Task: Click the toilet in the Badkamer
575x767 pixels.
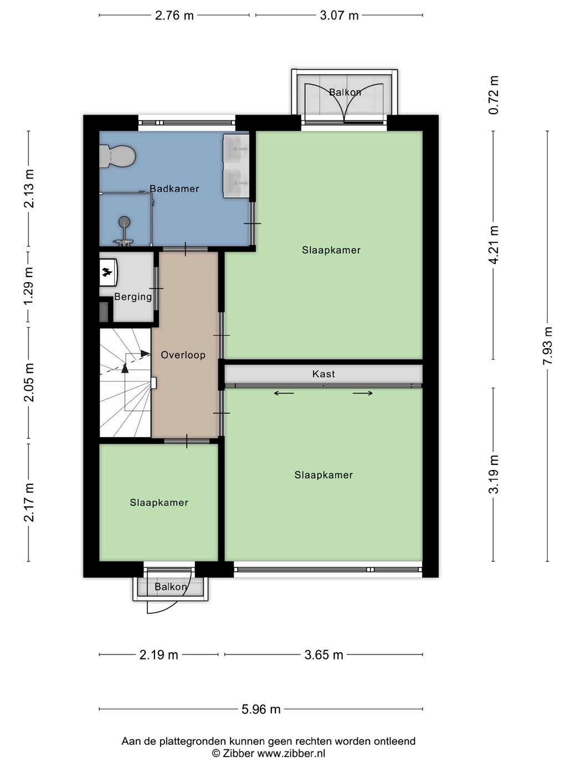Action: click(117, 156)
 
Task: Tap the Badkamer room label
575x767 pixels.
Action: click(174, 188)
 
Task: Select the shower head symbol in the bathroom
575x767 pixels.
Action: click(124, 222)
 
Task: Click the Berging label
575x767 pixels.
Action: click(133, 297)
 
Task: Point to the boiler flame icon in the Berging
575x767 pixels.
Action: click(106, 272)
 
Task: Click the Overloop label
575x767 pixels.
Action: click(183, 355)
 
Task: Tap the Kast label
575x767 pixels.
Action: click(324, 374)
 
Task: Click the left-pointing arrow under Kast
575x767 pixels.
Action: click(284, 393)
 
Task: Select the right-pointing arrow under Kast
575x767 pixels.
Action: click(363, 393)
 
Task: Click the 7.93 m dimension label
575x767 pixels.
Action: click(547, 346)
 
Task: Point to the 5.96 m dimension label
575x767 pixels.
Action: click(261, 709)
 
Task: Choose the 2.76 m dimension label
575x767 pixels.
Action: click(174, 16)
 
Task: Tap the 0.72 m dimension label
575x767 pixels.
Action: click(494, 95)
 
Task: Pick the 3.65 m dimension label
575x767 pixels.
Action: click(324, 655)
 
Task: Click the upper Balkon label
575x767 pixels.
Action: click(345, 92)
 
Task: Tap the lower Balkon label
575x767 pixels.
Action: click(171, 587)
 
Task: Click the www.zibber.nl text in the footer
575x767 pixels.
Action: click(291, 753)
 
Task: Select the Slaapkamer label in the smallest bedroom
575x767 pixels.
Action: click(159, 503)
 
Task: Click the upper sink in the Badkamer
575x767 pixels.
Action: click(235, 149)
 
